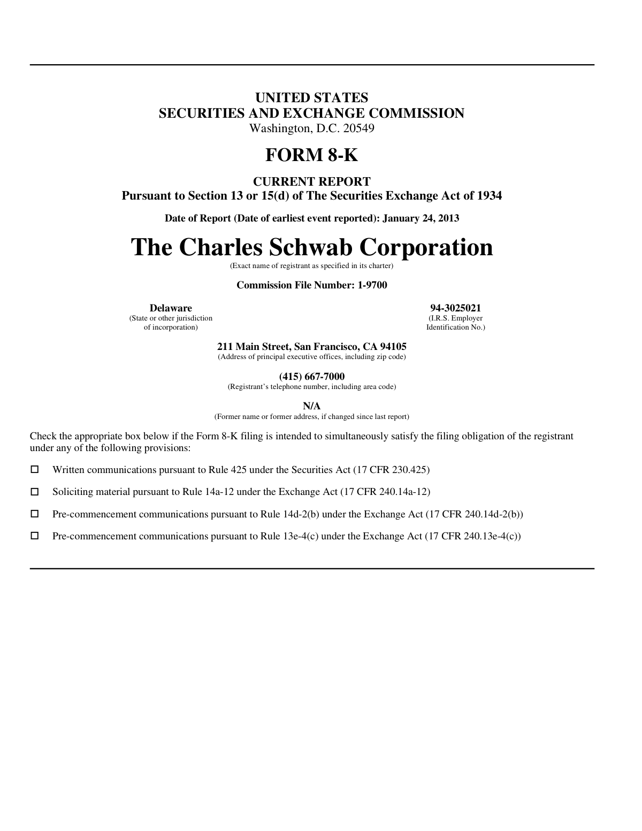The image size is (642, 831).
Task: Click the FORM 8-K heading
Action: point(311,155)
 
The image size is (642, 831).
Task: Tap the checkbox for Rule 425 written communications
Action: point(35,470)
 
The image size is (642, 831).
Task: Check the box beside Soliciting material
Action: point(35,492)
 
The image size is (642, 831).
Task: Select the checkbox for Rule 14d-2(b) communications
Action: point(35,514)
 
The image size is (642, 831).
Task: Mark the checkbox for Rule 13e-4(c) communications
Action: point(35,536)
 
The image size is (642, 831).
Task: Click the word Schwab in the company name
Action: point(311,247)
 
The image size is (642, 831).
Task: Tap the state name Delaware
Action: point(171,308)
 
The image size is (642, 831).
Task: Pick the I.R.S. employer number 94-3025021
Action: point(455,308)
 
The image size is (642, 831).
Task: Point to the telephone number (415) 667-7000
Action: point(312,377)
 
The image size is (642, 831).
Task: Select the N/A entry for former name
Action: point(312,407)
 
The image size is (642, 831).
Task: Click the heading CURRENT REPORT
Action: point(311,181)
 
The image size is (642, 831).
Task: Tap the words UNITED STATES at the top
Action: point(311,98)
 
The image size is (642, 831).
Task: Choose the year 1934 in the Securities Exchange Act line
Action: point(489,196)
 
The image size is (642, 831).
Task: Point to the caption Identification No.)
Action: point(455,327)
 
